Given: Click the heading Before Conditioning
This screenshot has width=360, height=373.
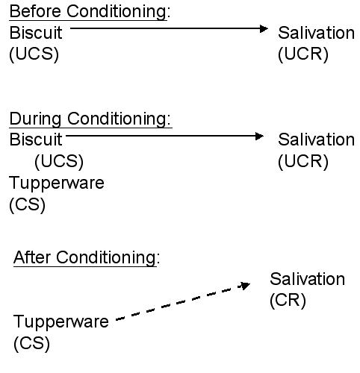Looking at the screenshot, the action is (x=90, y=12).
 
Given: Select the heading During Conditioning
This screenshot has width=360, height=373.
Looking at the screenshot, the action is (x=90, y=119).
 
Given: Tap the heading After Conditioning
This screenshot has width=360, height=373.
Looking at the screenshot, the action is (x=87, y=257).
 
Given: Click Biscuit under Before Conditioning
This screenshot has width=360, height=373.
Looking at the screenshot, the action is (x=36, y=33).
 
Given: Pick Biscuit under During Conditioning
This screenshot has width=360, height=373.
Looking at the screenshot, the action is (x=36, y=140).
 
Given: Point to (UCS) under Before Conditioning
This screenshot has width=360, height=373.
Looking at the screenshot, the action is (x=34, y=54).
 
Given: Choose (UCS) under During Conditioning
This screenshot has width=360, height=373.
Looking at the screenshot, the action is (x=59, y=161).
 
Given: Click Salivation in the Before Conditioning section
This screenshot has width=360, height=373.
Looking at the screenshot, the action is (x=316, y=33).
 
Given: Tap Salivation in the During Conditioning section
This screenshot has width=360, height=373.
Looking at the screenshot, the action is (x=316, y=140).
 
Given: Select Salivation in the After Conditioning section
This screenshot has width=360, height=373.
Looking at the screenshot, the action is (x=308, y=279).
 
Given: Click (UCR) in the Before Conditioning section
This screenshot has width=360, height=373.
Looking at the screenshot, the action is (x=303, y=54).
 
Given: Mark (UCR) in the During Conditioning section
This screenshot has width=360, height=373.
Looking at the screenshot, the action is (x=303, y=161).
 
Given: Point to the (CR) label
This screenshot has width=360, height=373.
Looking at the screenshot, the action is (x=288, y=300).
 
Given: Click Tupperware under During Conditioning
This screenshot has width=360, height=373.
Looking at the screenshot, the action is (x=57, y=184).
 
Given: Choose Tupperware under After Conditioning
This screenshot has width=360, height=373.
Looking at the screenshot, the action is (x=61, y=322).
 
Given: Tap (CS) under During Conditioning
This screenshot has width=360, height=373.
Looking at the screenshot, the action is (x=28, y=204).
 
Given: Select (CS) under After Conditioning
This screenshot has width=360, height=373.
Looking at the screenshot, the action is (x=32, y=343).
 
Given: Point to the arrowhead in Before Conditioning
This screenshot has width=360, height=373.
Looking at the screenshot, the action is (x=264, y=28).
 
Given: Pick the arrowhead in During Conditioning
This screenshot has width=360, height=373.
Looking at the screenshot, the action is (x=259, y=136).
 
